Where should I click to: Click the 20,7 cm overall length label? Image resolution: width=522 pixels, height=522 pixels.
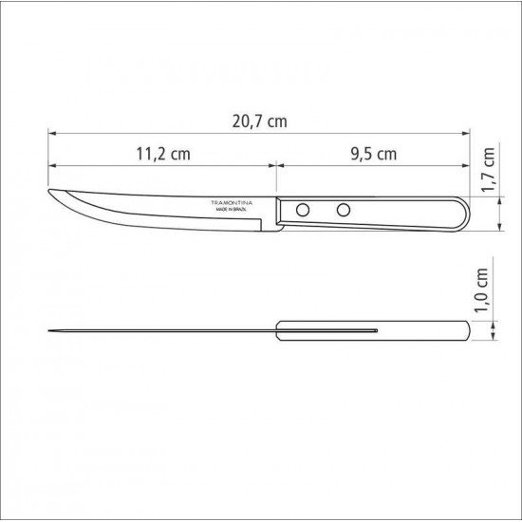click(259, 121)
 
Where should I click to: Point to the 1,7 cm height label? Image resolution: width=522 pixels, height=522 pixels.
click(489, 171)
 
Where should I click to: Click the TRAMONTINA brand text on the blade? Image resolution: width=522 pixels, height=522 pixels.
click(229, 202)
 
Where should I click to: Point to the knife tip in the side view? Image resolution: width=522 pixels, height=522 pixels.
click(49, 194)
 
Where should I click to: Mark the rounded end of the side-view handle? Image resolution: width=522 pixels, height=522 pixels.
click(463, 212)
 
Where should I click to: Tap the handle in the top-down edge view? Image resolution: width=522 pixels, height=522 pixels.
click(418, 331)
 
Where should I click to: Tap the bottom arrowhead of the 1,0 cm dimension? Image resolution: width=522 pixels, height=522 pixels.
click(499, 337)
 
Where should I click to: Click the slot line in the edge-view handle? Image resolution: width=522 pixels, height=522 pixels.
click(327, 331)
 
